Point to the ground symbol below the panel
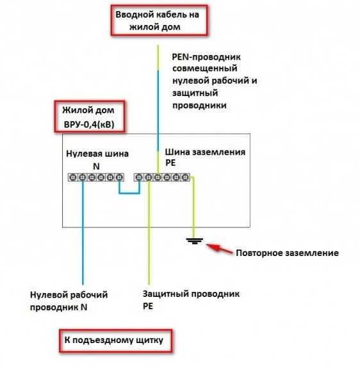[x=195, y=241]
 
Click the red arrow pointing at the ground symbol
[x=220, y=249]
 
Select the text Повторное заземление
[x=287, y=253]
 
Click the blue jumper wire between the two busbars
[x=129, y=193]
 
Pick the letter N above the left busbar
[x=96, y=166]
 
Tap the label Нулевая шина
[x=97, y=154]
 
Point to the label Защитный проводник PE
[x=191, y=300]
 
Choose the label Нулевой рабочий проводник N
[x=69, y=301]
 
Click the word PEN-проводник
[x=206, y=57]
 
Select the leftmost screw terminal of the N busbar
[x=73, y=177]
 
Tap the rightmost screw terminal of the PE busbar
[x=185, y=177]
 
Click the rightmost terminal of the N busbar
[x=120, y=177]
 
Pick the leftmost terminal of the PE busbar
[x=139, y=177]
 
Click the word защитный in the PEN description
[x=195, y=93]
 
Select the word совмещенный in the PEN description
[x=205, y=68]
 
